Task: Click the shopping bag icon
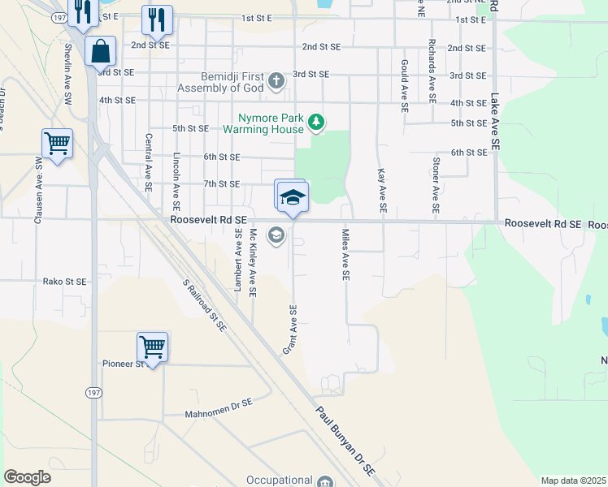point(100,51)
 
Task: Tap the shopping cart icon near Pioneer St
point(152,347)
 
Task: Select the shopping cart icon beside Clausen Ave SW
point(57,144)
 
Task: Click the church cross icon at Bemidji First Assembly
point(276,80)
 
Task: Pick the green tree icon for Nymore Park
point(316,123)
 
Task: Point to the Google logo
point(27,477)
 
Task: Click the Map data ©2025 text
point(573,481)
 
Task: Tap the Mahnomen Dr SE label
point(219,402)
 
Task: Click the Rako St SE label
point(65,282)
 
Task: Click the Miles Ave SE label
point(345,256)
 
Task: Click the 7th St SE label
point(222,184)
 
